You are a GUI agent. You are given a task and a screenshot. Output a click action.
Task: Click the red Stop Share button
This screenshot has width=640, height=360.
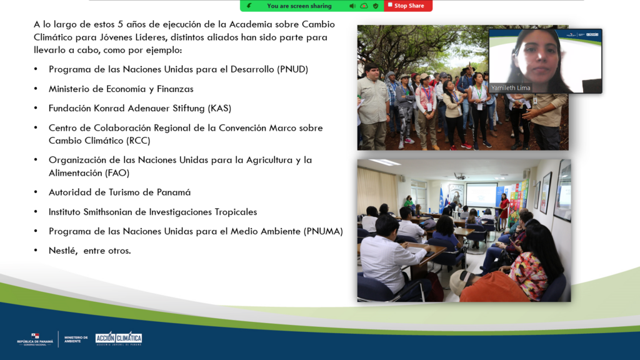pyautogui.click(x=407, y=6)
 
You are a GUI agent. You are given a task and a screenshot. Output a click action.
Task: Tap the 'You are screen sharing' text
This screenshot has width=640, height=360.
pyautogui.click(x=299, y=6)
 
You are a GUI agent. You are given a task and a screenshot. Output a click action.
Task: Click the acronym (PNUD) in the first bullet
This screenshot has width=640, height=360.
pyautogui.click(x=292, y=69)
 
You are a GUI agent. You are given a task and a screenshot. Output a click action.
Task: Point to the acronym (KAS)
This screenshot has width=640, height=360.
pyautogui.click(x=219, y=109)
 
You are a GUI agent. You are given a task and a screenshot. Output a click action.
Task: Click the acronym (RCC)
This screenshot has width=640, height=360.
pyautogui.click(x=138, y=141)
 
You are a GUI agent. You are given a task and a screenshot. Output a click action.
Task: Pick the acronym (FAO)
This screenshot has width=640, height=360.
pyautogui.click(x=117, y=173)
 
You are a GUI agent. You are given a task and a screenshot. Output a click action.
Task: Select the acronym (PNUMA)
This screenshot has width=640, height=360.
pyautogui.click(x=323, y=231)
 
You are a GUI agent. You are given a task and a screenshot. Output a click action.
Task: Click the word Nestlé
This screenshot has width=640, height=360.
pyautogui.click(x=63, y=251)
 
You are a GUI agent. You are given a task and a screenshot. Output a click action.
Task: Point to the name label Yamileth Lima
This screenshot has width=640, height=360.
pyautogui.click(x=511, y=87)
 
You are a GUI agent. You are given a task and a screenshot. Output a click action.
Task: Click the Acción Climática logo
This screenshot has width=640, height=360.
pyautogui.click(x=118, y=339)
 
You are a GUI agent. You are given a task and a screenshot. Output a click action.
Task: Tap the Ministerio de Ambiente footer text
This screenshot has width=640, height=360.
pyautogui.click(x=76, y=339)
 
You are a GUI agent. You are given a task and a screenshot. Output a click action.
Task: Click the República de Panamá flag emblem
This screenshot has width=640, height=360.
pyautogui.click(x=35, y=336)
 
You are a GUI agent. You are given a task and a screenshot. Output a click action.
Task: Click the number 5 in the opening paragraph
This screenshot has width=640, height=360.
pyautogui.click(x=121, y=24)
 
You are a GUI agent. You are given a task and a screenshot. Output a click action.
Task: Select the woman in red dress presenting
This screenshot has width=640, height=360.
pyautogui.click(x=504, y=211)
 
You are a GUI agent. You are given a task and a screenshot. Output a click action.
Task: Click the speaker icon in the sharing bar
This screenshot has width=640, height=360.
pyautogui.click(x=352, y=6)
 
